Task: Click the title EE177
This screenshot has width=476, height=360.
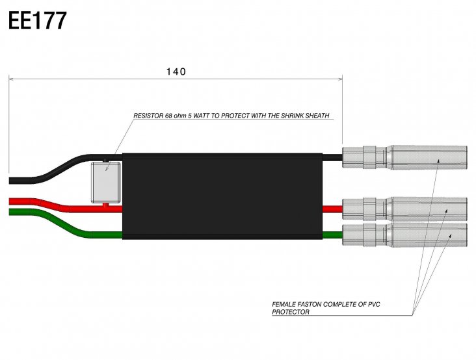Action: pos(37,21)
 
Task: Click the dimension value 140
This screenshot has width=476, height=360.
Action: pos(176,71)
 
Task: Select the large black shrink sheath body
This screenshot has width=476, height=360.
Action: pos(221,195)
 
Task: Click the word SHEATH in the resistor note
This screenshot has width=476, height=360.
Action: pos(318,116)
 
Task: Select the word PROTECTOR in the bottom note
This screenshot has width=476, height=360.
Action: pos(291,312)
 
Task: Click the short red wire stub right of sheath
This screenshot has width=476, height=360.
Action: pos(332,209)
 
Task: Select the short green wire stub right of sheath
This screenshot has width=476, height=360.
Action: pos(332,235)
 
